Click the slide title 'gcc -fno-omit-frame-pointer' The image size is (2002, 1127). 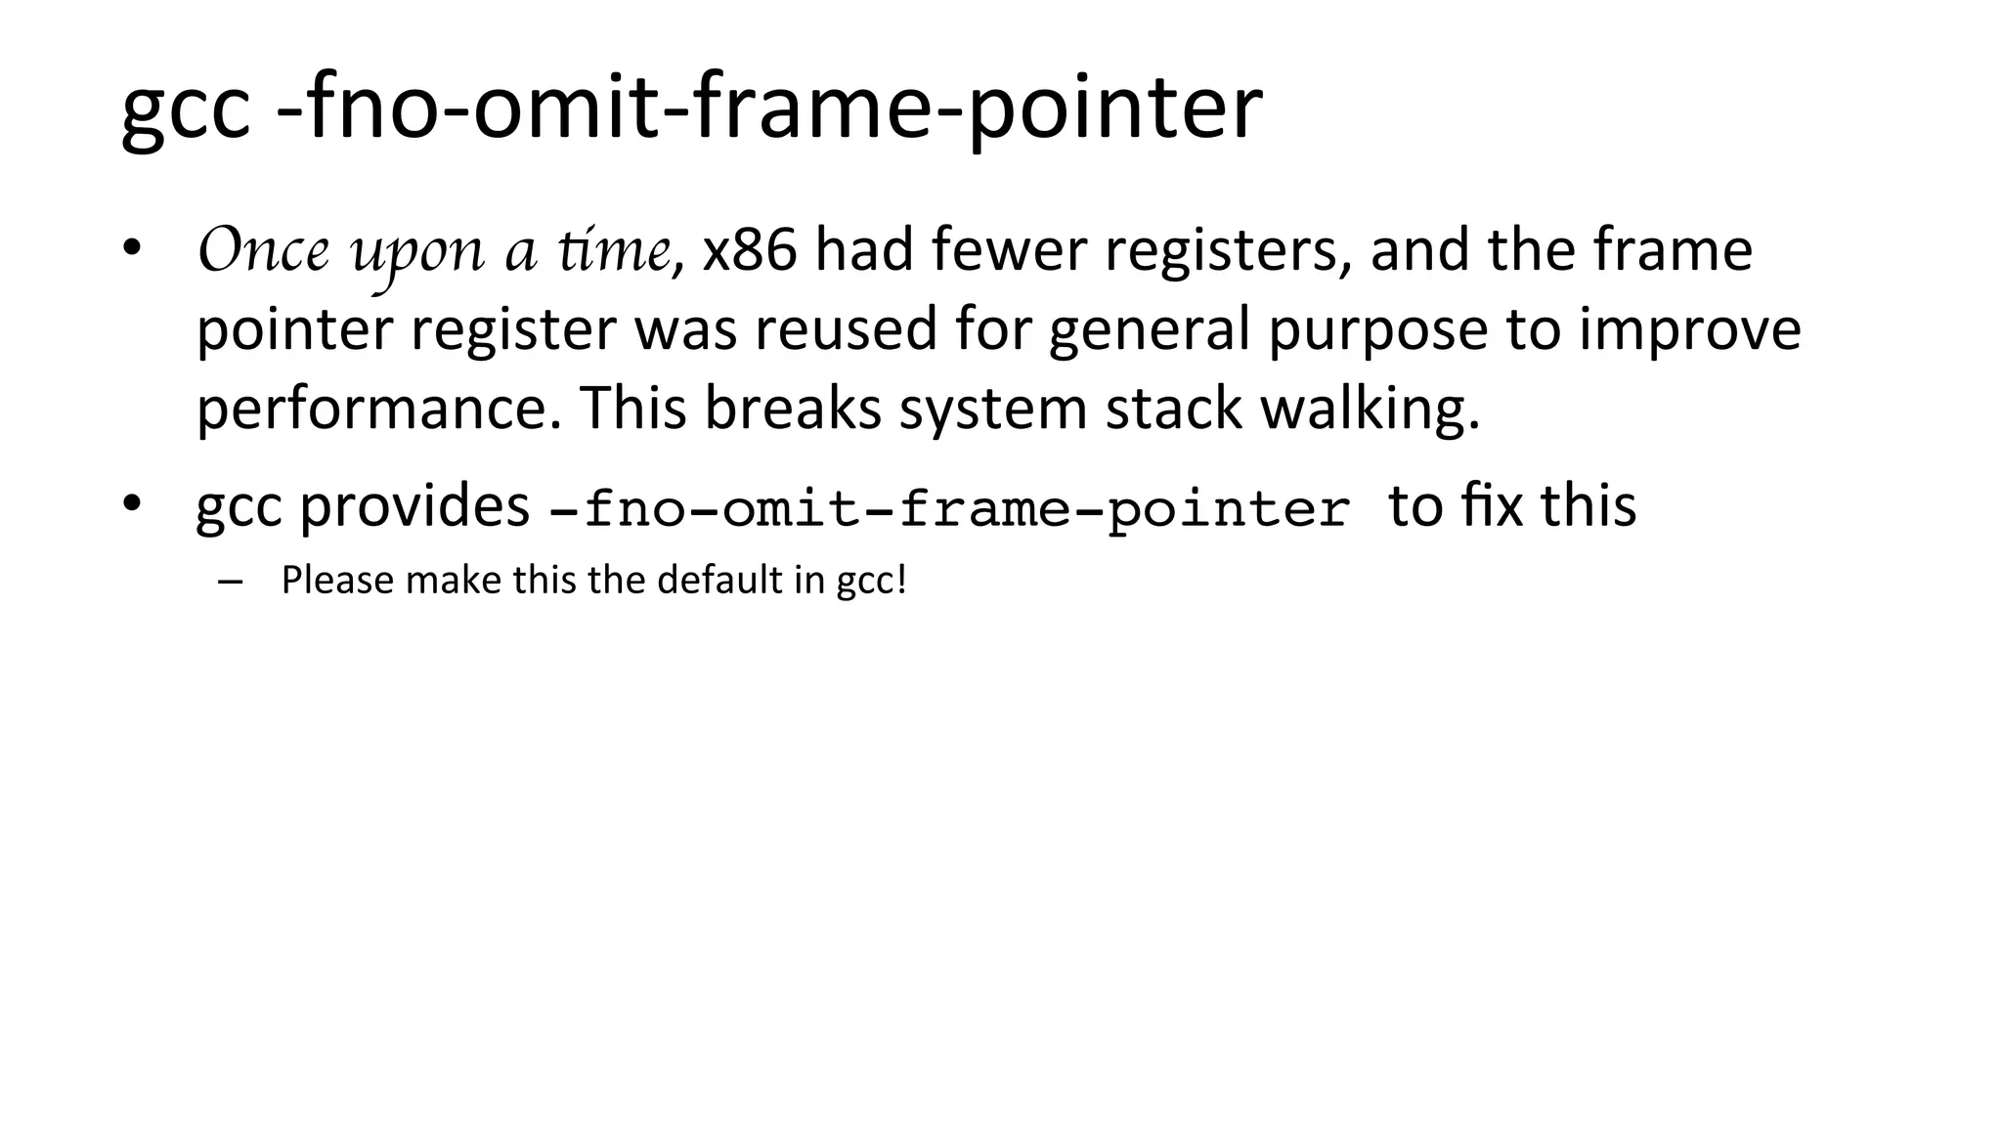[691, 108]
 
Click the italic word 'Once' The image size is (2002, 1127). [263, 250]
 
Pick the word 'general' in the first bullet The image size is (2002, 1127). [1149, 330]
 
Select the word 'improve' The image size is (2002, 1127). [1689, 330]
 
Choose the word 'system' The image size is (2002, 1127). [992, 409]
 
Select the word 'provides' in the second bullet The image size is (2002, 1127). [413, 506]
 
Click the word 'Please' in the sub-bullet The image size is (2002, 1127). [336, 581]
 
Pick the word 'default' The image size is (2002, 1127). [719, 581]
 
